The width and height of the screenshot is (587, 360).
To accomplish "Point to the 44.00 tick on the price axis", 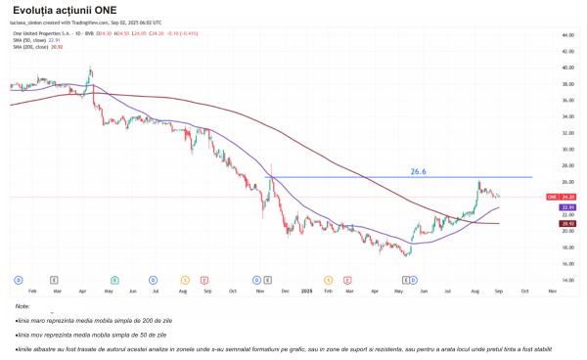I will [x=566, y=35].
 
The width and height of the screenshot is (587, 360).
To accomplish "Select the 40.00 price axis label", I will [x=566, y=67].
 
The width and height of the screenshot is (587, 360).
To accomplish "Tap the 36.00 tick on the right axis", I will [x=566, y=100].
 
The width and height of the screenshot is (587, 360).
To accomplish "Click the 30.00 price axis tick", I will [x=566, y=149].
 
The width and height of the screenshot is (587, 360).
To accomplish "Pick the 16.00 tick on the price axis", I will [x=566, y=262].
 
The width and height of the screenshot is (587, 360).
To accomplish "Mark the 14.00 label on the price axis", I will [x=566, y=279].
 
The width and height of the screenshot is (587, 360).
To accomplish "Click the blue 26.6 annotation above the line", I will [x=418, y=171].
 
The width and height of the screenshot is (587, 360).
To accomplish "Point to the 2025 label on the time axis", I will [x=305, y=292].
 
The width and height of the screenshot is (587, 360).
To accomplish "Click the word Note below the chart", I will [x=23, y=306].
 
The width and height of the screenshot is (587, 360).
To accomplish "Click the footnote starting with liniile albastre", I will [x=245, y=348].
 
